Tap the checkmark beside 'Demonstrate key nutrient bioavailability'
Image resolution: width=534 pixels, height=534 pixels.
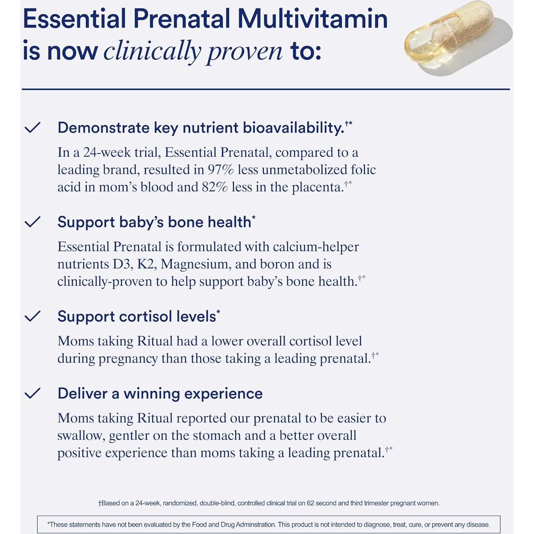[x=32, y=127]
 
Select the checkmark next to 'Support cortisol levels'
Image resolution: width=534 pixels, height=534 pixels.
[x=32, y=316]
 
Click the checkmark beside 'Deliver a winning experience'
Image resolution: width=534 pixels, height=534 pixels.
[x=32, y=393]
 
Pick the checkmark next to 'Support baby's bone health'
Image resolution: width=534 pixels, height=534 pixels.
[x=32, y=222]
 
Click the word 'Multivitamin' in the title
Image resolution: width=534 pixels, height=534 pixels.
[x=312, y=19]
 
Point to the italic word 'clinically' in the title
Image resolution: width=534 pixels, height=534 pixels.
[x=152, y=51]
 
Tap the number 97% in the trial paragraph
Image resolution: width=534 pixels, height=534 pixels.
[x=220, y=170]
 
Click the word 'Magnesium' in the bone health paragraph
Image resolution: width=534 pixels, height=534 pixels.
[x=194, y=264]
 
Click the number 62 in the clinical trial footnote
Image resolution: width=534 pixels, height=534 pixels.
[x=310, y=503]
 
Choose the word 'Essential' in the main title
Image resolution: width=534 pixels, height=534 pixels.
[x=75, y=19]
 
